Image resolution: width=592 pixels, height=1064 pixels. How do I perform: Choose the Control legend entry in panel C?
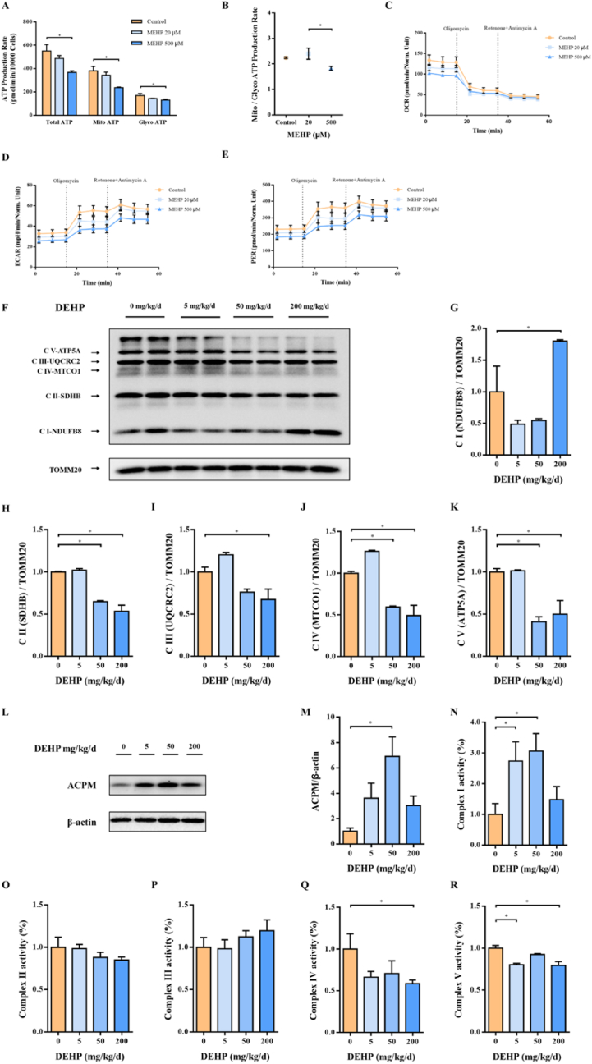tap(562, 37)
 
